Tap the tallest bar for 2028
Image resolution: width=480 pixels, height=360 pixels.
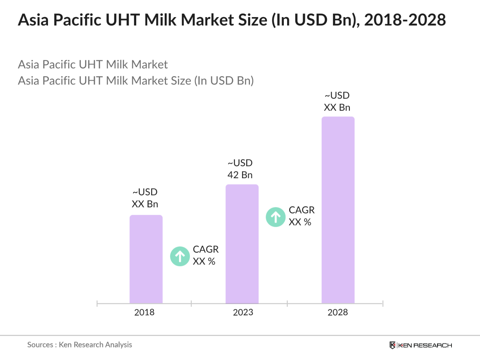coord(338,210)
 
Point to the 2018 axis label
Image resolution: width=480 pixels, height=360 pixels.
coord(144,312)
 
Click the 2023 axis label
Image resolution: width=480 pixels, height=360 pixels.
coord(243,312)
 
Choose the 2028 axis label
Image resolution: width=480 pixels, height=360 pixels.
coord(337,312)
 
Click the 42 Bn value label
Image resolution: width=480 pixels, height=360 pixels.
coord(240,175)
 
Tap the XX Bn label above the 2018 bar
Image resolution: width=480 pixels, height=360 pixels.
coord(145,204)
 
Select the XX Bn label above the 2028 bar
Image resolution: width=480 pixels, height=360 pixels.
coord(337,107)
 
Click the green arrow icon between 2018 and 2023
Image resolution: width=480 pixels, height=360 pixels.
coord(180,256)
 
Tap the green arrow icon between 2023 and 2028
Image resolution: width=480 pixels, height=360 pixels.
coord(275,217)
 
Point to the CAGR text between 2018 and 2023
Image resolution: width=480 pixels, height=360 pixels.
coord(205,249)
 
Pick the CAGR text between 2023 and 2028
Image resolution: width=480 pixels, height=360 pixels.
coord(301,210)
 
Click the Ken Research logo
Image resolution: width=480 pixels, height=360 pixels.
coord(421,345)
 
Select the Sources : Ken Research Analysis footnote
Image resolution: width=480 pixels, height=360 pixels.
coord(79,345)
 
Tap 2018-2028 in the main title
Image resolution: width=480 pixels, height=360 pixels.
coord(405,20)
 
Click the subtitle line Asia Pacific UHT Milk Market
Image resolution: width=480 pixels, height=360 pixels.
coord(93,64)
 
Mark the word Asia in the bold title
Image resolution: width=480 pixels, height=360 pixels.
coord(33,20)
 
